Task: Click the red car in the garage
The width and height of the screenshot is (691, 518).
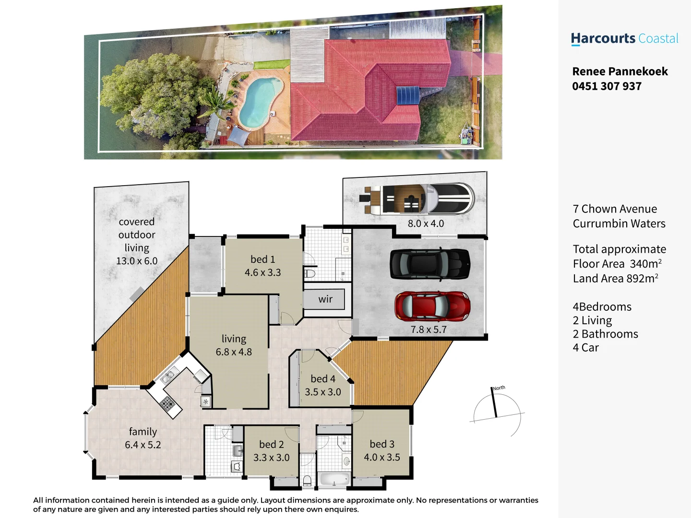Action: coord(432,306)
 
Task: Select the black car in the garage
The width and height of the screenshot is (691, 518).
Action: coord(429,264)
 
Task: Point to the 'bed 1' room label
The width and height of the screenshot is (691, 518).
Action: coord(262,259)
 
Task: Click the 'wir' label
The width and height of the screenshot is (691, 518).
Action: coord(325,299)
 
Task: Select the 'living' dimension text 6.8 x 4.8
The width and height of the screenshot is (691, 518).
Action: coord(234,352)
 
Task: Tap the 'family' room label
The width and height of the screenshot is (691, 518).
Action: coord(143,432)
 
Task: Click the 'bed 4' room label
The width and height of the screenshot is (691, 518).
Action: coord(323,379)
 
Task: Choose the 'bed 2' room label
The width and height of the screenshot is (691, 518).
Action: coord(271,445)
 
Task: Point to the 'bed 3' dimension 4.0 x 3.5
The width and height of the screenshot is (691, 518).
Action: coord(382,458)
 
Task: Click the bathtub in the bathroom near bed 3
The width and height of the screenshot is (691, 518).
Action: coord(334,479)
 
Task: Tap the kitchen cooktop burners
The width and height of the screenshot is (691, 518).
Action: coord(167,403)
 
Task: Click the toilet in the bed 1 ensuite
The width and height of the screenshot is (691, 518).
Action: coord(310,274)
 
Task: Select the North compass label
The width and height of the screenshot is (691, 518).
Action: coord(499,388)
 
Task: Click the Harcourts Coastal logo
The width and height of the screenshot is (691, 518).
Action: coord(624,39)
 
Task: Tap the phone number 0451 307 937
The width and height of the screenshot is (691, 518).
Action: coord(607,86)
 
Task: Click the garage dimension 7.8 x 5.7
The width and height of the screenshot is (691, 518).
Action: coord(429,330)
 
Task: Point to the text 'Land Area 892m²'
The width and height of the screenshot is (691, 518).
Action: coord(615,279)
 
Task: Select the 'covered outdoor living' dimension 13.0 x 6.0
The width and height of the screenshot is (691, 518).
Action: coord(137,261)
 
